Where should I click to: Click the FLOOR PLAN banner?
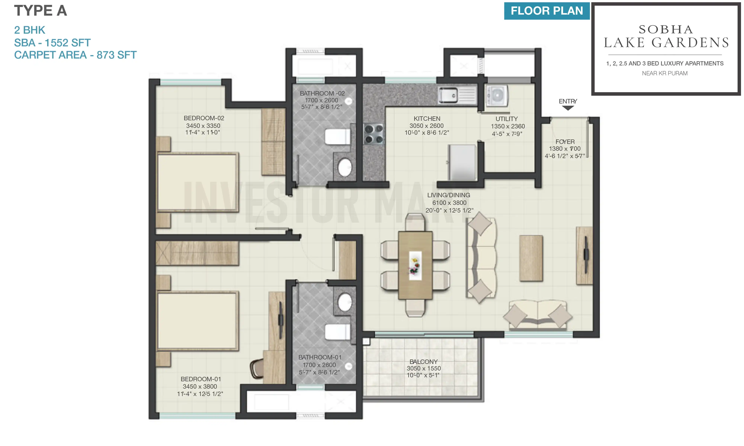tap(546, 11)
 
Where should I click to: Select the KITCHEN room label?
tap(426, 118)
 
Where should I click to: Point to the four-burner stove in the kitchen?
tap(373, 134)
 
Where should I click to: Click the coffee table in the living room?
tap(531, 258)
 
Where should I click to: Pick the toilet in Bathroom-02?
tap(337, 136)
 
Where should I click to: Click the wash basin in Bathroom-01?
tap(345, 302)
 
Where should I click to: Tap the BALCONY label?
tap(423, 362)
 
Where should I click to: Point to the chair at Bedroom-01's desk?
tap(257, 369)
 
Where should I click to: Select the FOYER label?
tap(565, 142)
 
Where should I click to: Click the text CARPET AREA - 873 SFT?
tap(75, 55)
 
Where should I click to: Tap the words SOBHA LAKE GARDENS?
tap(666, 36)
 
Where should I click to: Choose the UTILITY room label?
tap(506, 119)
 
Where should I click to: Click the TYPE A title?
tap(41, 11)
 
